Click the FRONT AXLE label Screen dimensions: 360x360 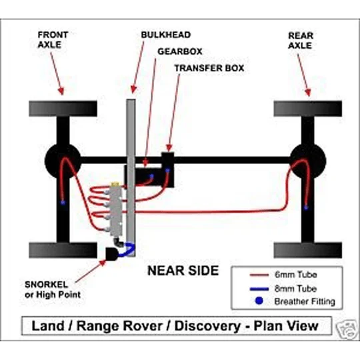(x=53, y=39)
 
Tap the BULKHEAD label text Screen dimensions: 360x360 (x=166, y=35)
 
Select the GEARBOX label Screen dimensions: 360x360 (x=180, y=51)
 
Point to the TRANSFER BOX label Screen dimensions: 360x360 (x=209, y=68)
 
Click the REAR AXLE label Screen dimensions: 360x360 (x=301, y=41)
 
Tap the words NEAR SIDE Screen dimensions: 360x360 (x=183, y=271)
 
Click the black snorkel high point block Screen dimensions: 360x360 (x=112, y=254)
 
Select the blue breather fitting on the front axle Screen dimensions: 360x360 (x=63, y=203)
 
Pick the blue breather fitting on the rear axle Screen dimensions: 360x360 (x=306, y=208)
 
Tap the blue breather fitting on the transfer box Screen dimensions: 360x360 (x=167, y=171)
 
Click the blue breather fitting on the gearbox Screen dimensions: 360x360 (x=152, y=176)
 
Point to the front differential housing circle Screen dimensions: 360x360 (x=63, y=161)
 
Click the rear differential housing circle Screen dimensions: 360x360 (x=308, y=161)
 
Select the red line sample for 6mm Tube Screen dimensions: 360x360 (x=259, y=275)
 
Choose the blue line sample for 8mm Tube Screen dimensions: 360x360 (x=259, y=289)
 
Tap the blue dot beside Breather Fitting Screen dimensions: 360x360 (x=259, y=301)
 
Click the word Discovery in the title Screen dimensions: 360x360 (x=207, y=326)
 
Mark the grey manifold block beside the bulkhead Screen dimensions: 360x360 (x=116, y=210)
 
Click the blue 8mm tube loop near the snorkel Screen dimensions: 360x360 (x=127, y=249)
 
